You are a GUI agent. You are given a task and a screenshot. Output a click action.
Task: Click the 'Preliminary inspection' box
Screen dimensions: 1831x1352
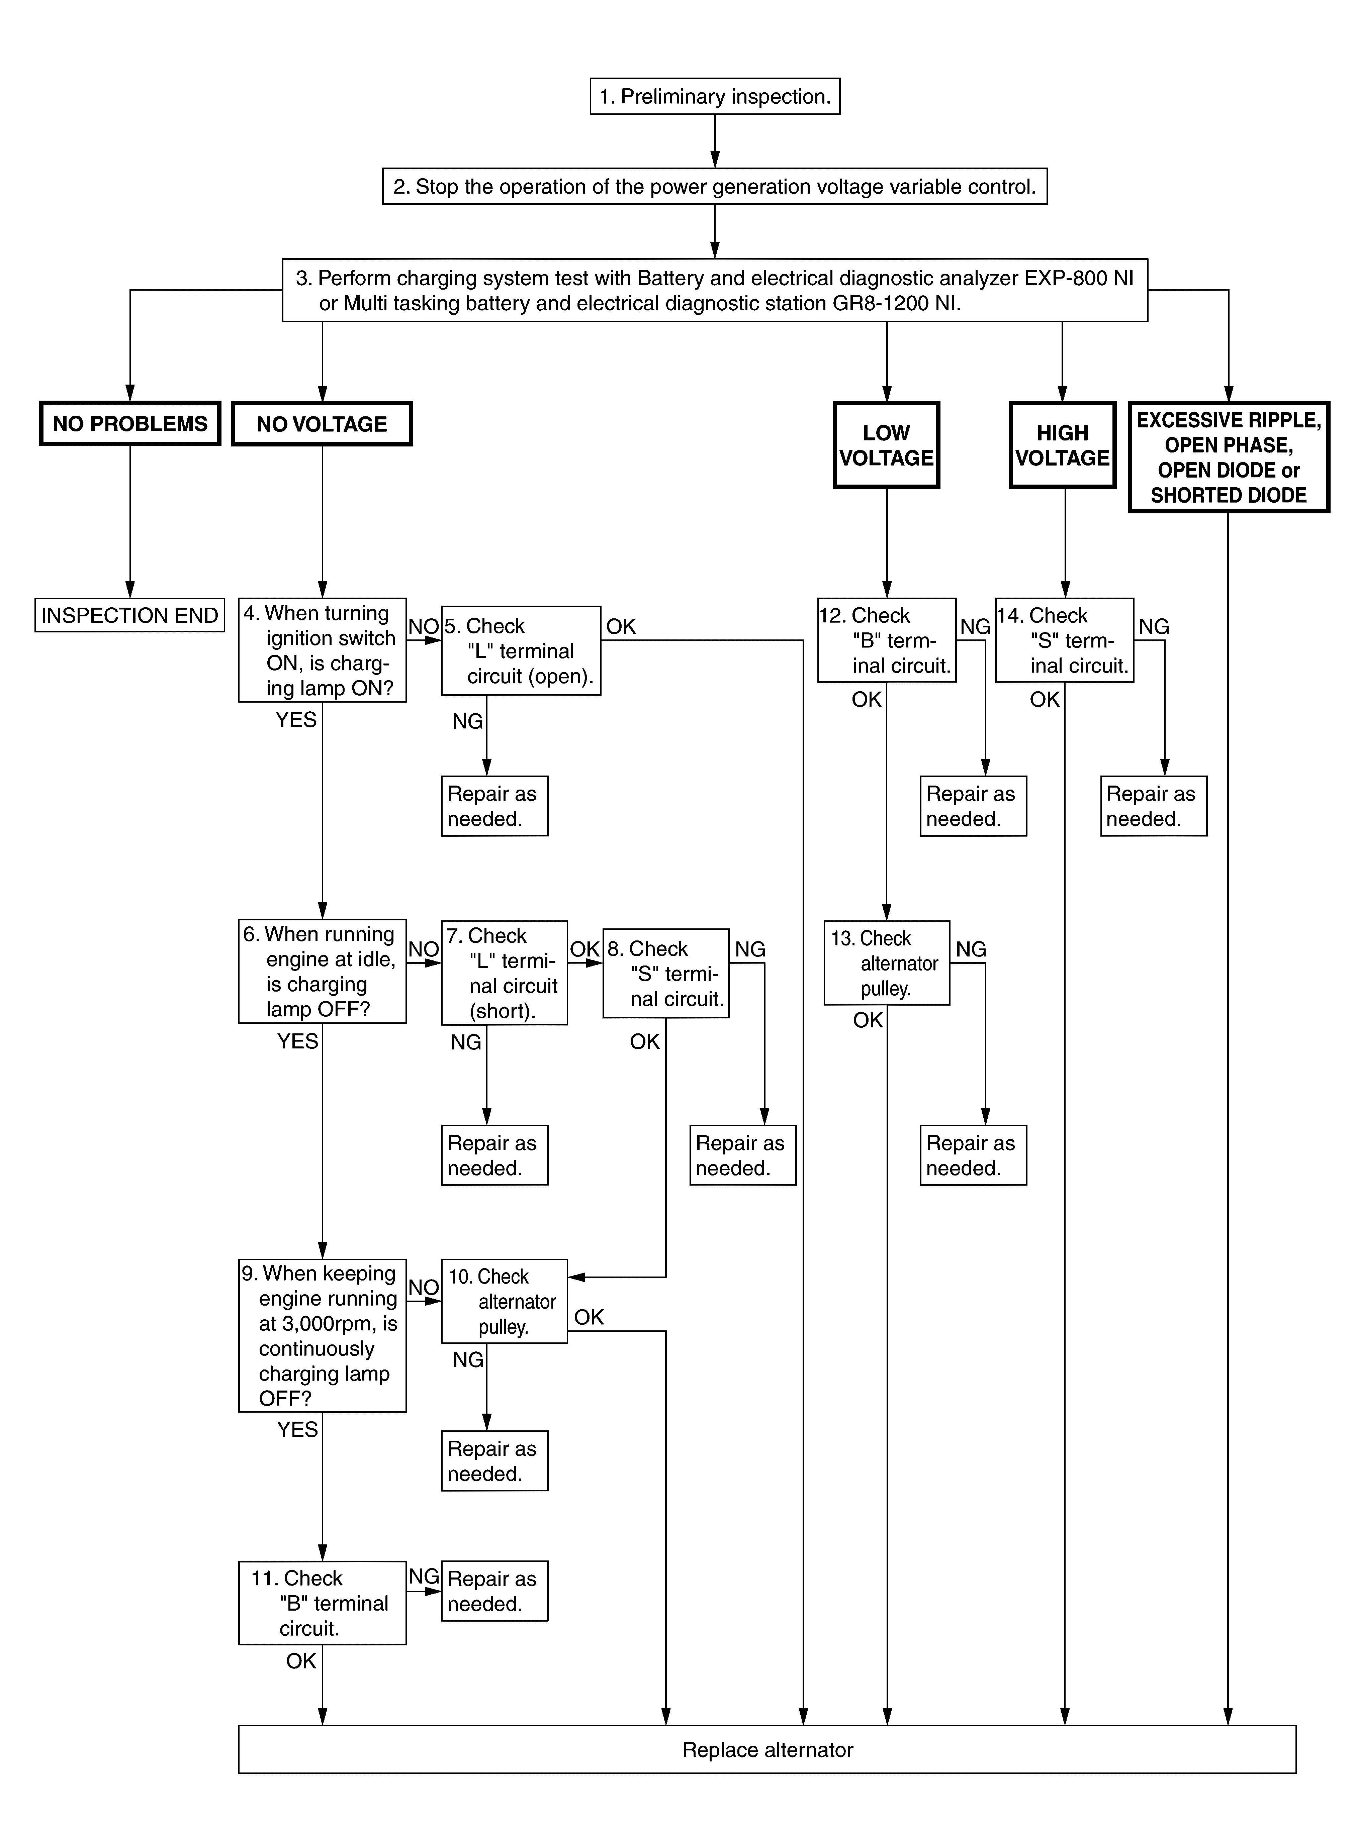pos(714,97)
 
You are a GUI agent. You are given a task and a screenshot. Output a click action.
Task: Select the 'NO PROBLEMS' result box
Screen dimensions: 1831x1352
pos(130,424)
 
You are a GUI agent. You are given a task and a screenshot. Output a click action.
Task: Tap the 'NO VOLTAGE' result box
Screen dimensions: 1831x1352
pos(322,424)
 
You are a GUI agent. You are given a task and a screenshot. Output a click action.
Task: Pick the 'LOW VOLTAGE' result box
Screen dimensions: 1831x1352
pos(886,445)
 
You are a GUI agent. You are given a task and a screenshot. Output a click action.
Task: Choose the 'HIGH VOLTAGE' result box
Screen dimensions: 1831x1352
pos(1062,445)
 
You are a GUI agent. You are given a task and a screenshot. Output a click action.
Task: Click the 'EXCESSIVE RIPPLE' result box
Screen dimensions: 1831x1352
pos(1229,457)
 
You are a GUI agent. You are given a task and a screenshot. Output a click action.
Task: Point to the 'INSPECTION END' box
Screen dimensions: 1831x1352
pos(129,615)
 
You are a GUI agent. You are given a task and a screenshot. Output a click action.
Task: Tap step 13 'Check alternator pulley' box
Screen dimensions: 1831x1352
pos(886,963)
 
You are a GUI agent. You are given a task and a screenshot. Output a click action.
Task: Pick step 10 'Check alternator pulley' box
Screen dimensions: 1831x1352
pos(504,1301)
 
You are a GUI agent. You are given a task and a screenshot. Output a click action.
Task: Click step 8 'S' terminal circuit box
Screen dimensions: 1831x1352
pos(665,974)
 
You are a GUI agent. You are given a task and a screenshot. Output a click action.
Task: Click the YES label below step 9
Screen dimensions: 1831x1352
pos(297,1429)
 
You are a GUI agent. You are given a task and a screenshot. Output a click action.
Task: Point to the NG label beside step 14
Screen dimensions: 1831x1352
pos(1154,627)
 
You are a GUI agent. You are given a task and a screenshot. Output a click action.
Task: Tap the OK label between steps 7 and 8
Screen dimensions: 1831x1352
pos(585,949)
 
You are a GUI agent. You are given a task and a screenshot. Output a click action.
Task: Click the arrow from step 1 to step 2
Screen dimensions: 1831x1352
pos(714,141)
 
